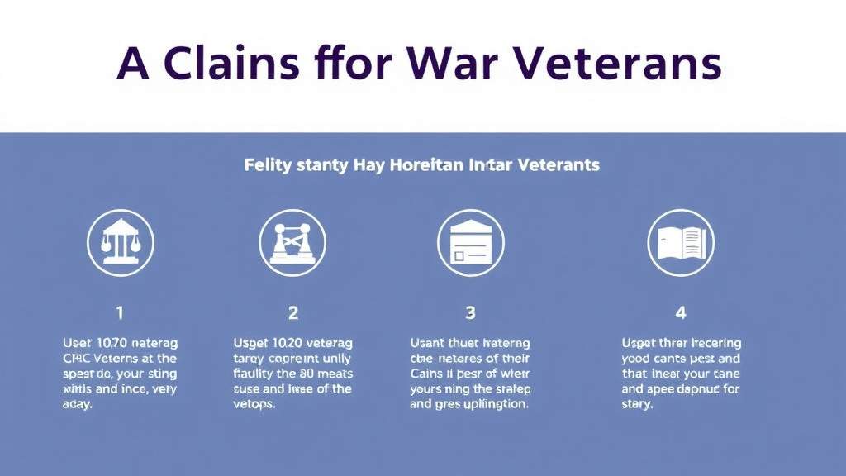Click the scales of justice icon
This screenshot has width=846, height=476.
[x=121, y=242]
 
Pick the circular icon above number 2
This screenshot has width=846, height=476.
[x=292, y=242]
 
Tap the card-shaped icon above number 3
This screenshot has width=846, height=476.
[x=470, y=242]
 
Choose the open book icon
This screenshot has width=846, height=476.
[x=681, y=242]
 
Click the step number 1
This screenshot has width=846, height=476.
[x=120, y=313]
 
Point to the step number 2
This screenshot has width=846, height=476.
[x=292, y=313]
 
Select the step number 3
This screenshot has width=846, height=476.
[x=470, y=313]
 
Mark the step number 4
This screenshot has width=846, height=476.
[x=681, y=313]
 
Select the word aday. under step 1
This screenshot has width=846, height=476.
[x=78, y=405]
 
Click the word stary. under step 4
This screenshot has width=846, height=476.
[x=637, y=405]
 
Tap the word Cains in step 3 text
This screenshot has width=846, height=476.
[x=428, y=374]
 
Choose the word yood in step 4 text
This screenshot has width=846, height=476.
[x=637, y=359]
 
